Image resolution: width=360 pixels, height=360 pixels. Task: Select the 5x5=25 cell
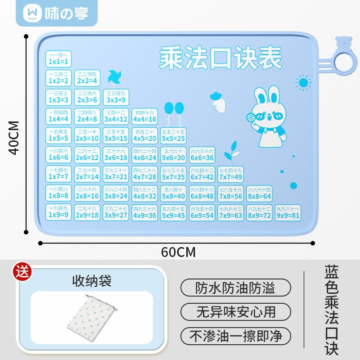pyautogui.click(x=173, y=135)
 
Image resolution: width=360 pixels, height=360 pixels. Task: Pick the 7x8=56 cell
pyautogui.click(x=231, y=193)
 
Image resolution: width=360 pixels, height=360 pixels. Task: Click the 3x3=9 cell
pyautogui.click(x=116, y=97)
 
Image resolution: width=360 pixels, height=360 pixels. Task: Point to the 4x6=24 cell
pyautogui.click(x=144, y=155)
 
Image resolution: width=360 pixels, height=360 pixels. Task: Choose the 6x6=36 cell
pyautogui.click(x=202, y=155)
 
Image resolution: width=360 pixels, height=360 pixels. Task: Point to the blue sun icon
pyautogui.click(x=304, y=83)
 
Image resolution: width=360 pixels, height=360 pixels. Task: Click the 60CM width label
pyautogui.click(x=178, y=252)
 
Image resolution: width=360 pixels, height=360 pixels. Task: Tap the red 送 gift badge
pyautogui.click(x=21, y=272)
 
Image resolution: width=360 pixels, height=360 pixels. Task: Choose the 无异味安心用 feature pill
pyautogui.click(x=236, y=311)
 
